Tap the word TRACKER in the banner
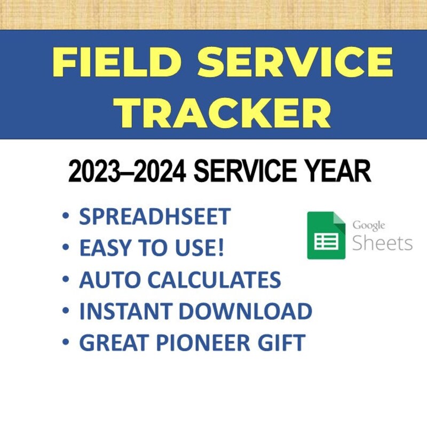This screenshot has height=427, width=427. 224,112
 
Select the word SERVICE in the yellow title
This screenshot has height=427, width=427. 298,62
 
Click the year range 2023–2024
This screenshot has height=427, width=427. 127,172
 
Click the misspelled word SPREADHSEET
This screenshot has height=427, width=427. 155,217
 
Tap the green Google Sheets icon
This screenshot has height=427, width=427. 326,235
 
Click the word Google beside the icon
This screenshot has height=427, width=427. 368,225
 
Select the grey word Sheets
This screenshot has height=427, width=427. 382,243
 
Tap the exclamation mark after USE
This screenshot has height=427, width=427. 220,248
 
